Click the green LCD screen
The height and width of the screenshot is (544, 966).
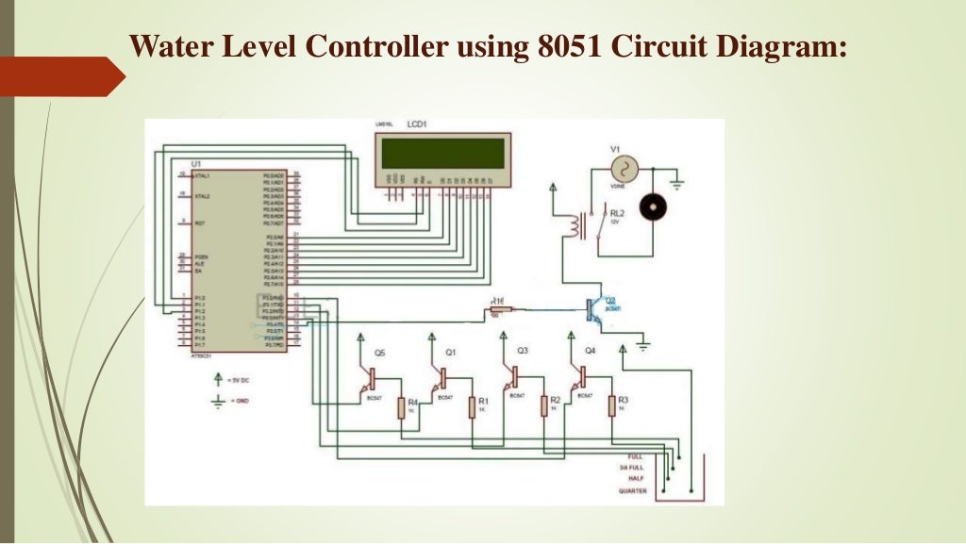(442, 154)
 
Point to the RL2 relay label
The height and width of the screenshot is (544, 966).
(617, 214)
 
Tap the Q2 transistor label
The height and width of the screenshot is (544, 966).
(610, 301)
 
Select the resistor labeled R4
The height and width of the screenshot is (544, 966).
(401, 406)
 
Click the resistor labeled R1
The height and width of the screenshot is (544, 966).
(473, 406)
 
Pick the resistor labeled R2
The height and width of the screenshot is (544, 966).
(543, 405)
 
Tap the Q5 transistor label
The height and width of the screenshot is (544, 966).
(378, 352)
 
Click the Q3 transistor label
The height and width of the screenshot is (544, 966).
(522, 351)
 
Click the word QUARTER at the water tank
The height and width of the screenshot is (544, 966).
(632, 490)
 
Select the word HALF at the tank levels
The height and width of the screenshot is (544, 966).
(636, 478)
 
